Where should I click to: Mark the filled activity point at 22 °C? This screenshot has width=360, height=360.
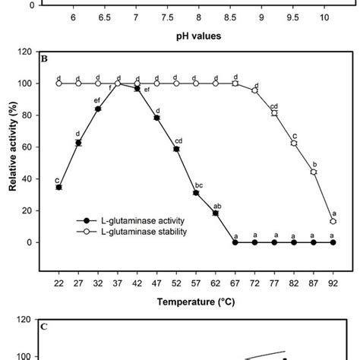(59, 187)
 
